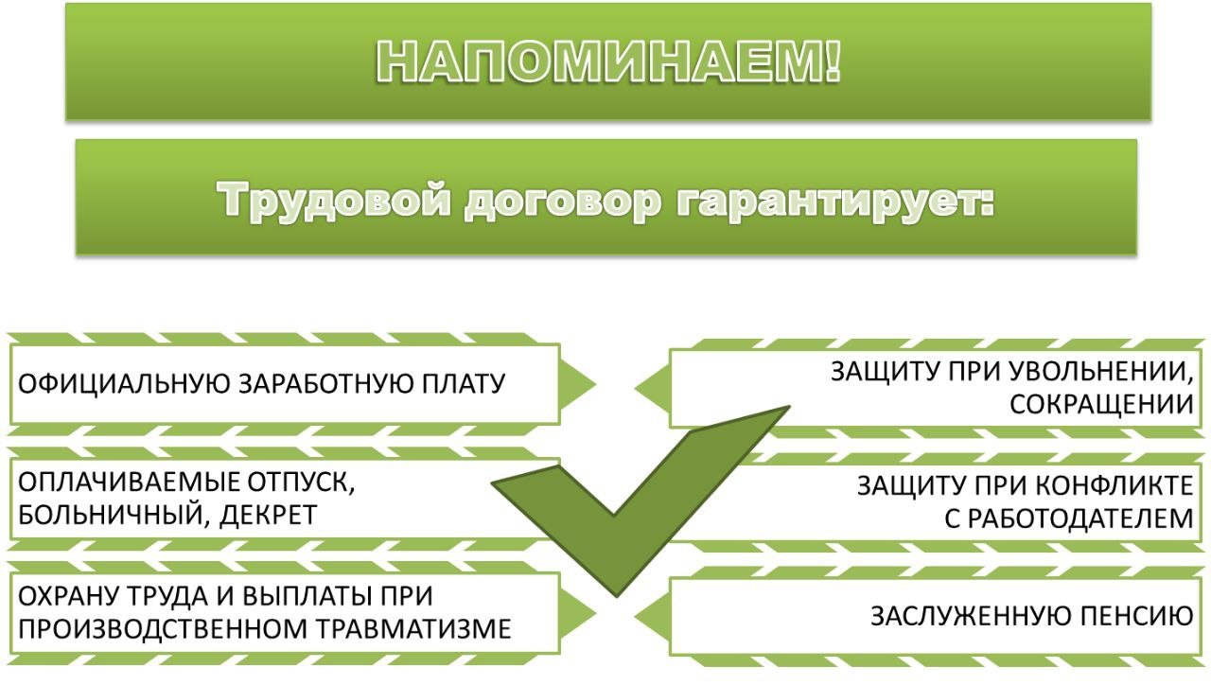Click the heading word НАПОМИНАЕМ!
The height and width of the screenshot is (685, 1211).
[608, 61]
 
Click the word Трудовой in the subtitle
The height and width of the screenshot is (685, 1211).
[334, 201]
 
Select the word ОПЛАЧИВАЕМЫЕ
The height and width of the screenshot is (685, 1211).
[129, 483]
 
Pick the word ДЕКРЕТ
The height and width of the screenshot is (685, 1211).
[268, 515]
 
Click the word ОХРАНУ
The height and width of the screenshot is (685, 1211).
[67, 596]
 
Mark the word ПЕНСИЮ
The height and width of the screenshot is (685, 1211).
[1136, 616]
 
